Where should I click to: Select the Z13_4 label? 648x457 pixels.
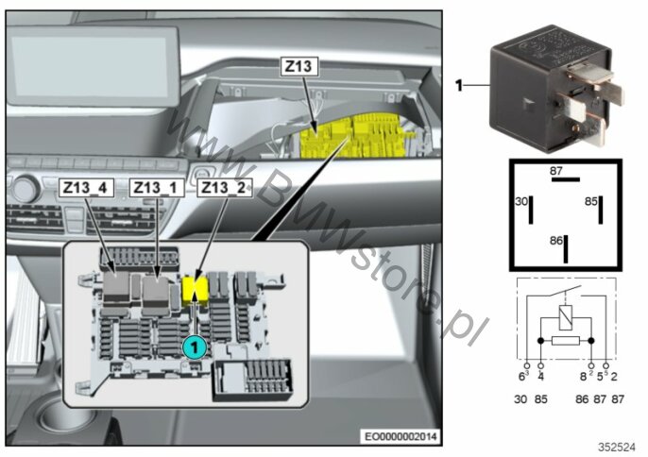[87, 187]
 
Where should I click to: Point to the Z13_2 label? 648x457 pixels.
[223, 187]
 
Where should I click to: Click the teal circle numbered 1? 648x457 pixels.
[193, 347]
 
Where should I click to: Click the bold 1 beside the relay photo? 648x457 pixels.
[460, 86]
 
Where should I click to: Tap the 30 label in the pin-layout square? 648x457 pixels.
[520, 201]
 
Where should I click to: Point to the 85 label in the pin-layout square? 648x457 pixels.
[591, 201]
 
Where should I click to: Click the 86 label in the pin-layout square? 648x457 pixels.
[555, 241]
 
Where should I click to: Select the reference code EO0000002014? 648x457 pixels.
[401, 435]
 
